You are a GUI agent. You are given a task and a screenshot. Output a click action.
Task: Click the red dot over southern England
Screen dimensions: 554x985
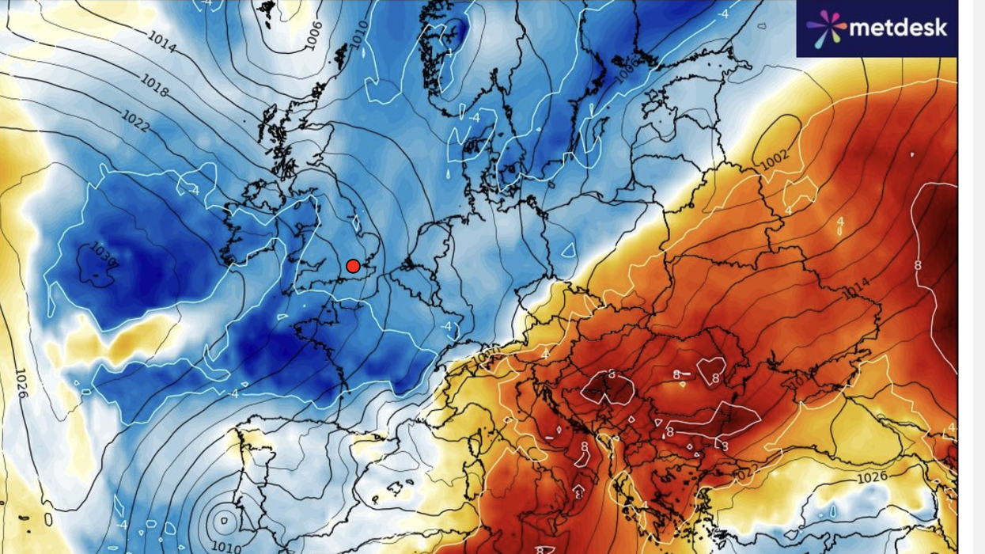[x=354, y=266]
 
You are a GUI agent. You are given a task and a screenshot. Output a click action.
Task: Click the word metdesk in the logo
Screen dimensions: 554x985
[x=897, y=28]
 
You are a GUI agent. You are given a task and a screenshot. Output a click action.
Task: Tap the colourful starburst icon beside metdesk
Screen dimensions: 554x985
[x=825, y=28]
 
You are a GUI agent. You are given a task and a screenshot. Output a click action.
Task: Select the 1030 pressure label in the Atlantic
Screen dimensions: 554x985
[x=104, y=256]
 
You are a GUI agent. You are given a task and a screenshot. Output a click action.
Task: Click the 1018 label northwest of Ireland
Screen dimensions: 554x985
[x=155, y=85]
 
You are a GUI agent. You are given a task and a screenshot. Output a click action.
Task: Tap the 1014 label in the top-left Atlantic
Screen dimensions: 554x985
[x=162, y=43]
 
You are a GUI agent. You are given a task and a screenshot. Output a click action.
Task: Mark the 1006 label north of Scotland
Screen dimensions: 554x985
[x=314, y=34]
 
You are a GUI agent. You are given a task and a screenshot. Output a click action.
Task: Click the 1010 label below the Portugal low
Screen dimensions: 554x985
[x=228, y=546]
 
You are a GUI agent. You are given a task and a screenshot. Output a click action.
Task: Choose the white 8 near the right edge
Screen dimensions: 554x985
[x=919, y=264]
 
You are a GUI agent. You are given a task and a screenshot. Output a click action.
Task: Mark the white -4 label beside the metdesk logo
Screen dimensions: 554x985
[x=723, y=13]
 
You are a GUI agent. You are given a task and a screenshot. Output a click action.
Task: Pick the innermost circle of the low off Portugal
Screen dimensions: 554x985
[x=224, y=520]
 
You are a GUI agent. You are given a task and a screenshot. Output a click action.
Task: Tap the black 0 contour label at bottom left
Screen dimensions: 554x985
[x=48, y=520]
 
